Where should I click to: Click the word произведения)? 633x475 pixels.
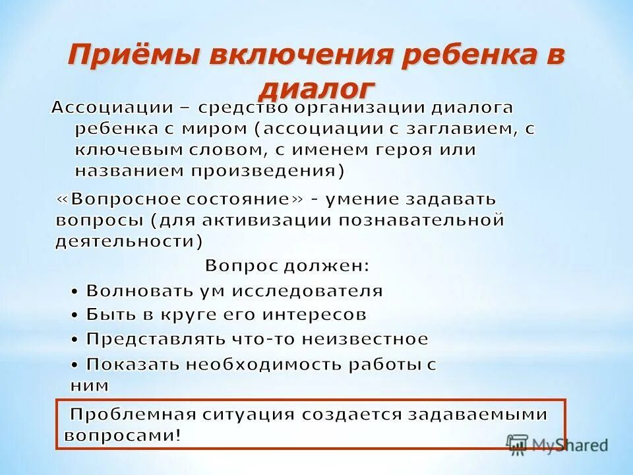tap(268, 171)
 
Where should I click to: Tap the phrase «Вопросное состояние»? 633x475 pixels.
tap(173, 199)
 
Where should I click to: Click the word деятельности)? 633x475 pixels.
tap(129, 241)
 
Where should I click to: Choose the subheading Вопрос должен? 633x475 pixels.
tap(287, 266)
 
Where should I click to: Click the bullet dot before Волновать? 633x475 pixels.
tap(76, 291)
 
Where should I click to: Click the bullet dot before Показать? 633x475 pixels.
tap(76, 364)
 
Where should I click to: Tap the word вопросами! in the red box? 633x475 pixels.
tap(122, 435)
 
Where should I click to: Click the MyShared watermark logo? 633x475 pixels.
tap(557, 444)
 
